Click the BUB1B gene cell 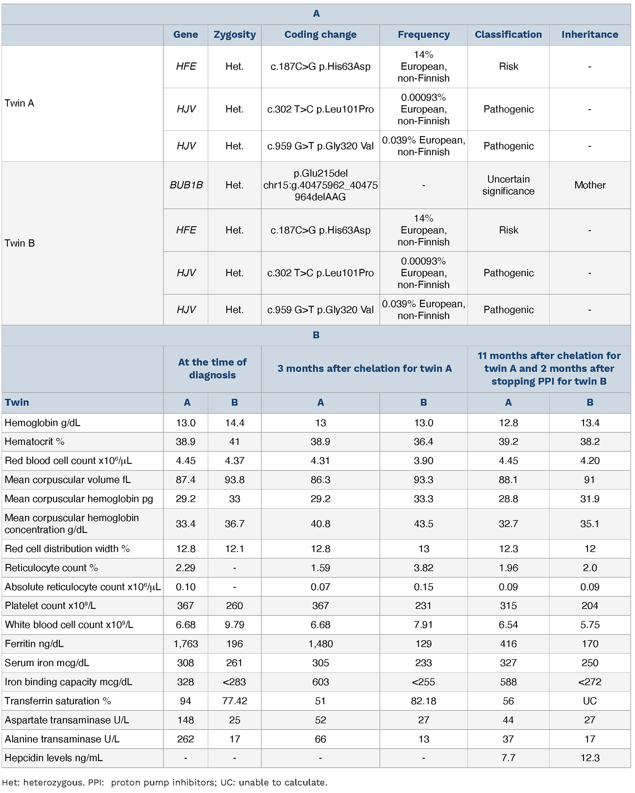point(186,185)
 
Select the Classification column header point(508,35)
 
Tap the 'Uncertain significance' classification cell point(508,185)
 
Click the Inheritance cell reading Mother point(590,185)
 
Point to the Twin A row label point(19,103)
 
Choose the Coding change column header point(320,35)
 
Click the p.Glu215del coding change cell point(320,185)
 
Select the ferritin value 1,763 point(186,644)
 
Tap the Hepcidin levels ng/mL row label point(54,758)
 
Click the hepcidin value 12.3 point(590,758)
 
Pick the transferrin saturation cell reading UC point(590,701)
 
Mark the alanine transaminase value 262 point(186,739)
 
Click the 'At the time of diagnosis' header point(212,369)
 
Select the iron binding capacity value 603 point(320,682)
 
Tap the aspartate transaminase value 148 point(186,720)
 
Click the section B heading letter point(316,335)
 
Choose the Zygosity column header point(235,35)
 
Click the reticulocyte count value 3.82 point(424,567)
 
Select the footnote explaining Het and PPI point(165,782)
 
